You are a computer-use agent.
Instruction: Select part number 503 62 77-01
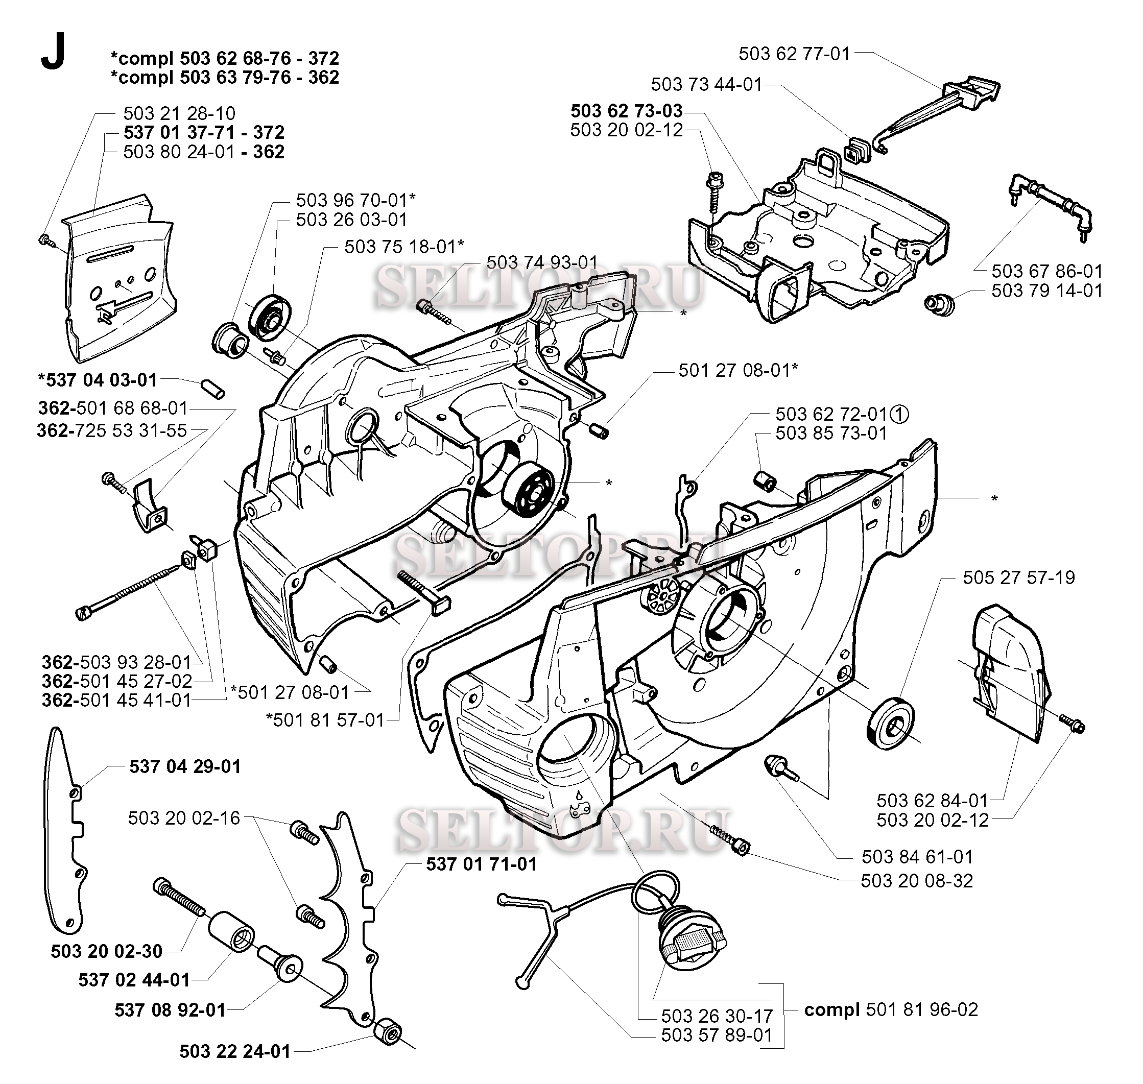795,54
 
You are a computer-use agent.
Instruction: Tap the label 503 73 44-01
707,84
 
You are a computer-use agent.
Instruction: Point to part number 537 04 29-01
185,766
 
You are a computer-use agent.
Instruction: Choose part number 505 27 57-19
1019,577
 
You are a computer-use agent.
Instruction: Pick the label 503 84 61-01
917,856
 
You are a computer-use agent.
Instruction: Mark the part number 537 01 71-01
482,864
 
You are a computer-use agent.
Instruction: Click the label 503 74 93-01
542,262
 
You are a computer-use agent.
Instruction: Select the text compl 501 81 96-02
891,1009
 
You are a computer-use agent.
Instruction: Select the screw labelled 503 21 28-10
45,240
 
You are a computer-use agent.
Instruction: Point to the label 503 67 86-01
1047,271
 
